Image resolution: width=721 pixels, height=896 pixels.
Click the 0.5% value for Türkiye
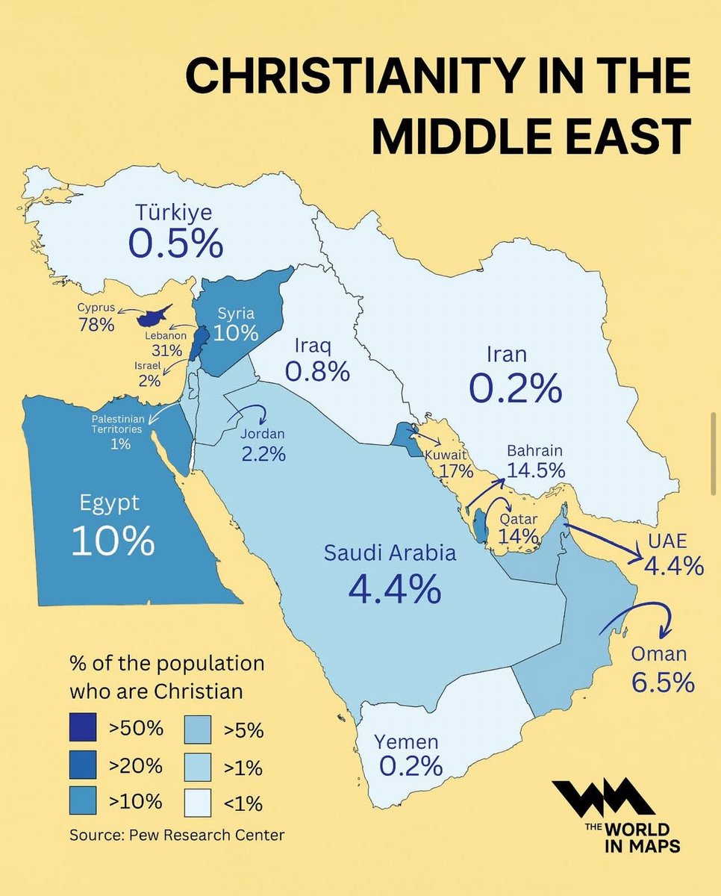[x=175, y=243]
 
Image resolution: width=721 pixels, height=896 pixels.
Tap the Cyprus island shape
[x=154, y=316]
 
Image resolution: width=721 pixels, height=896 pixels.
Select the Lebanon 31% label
[x=166, y=343]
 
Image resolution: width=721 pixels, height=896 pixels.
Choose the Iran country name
[x=507, y=353]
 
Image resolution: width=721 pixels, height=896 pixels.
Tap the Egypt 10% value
[x=113, y=540]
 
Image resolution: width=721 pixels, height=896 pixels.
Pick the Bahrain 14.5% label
[x=535, y=461]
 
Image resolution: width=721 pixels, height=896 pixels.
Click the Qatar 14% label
[x=519, y=527]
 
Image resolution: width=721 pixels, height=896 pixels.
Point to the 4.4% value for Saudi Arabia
[x=394, y=589]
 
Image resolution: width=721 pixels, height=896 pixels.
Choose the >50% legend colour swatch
[x=87, y=730]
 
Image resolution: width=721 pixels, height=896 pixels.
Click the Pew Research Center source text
[x=177, y=834]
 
